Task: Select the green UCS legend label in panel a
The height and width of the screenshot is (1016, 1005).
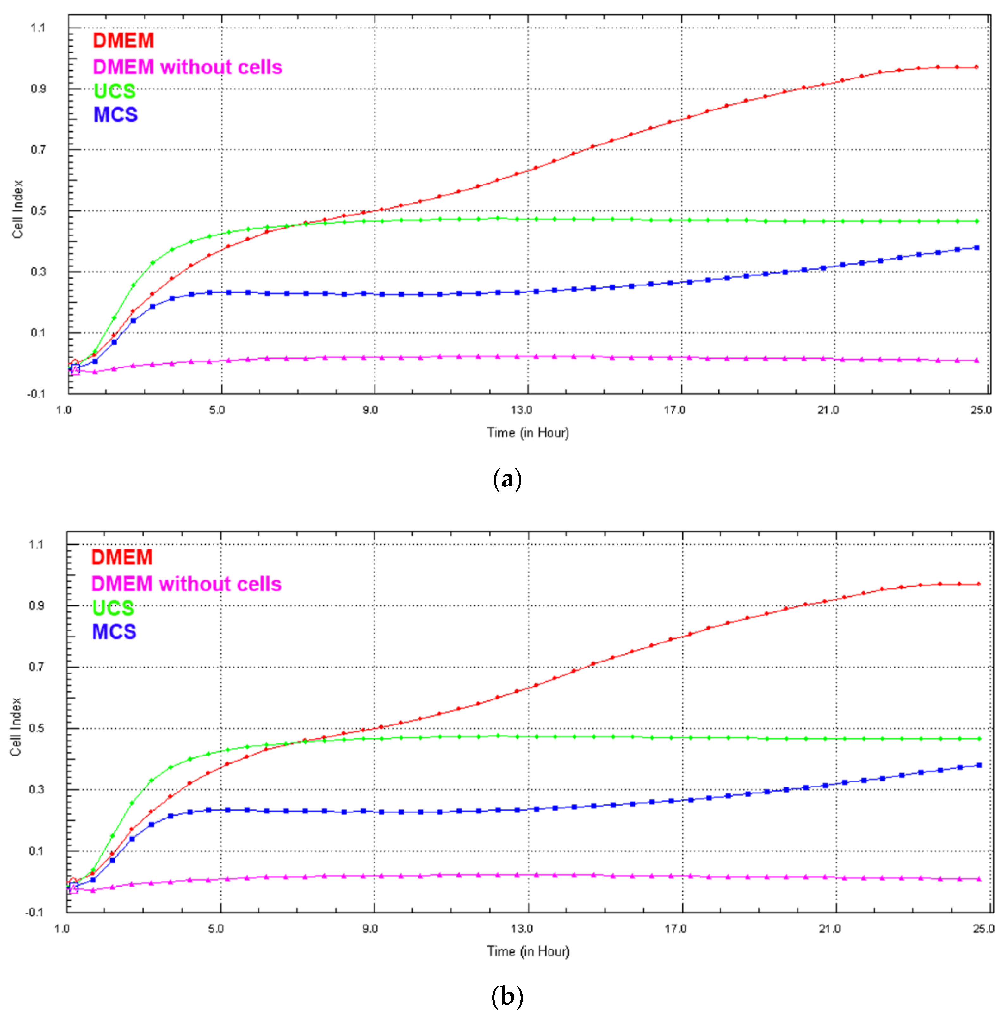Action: (x=114, y=91)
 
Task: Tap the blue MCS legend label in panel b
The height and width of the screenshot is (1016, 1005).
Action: (x=114, y=631)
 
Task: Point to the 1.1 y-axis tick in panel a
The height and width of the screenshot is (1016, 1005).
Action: (x=38, y=28)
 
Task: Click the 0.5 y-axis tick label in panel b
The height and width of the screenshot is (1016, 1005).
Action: (x=36, y=728)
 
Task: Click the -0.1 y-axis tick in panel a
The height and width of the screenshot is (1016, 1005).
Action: (x=36, y=394)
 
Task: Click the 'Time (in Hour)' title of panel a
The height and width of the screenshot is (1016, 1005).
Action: (x=528, y=433)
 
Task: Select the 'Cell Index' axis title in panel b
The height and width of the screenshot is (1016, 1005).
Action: (x=16, y=727)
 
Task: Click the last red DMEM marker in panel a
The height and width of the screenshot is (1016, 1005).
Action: (x=977, y=67)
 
